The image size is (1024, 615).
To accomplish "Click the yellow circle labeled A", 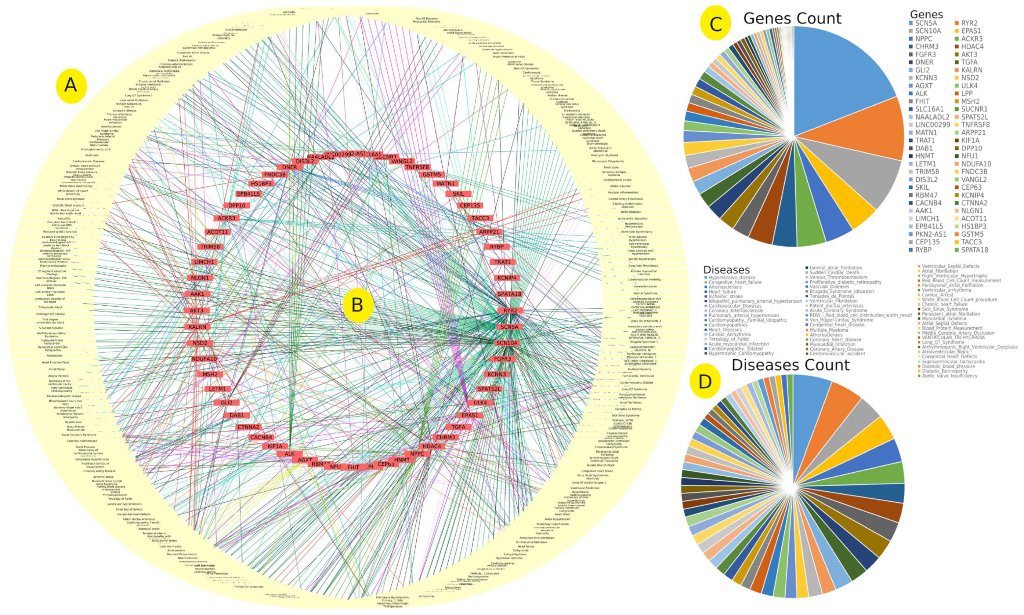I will [x=71, y=85].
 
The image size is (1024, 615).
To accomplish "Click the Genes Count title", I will [x=792, y=19].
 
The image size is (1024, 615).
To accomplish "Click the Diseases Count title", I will [x=790, y=365].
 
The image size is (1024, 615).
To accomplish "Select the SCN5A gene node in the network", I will [x=509, y=327].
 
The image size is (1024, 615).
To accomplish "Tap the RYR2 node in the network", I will [x=510, y=310].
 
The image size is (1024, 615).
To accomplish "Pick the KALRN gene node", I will [x=197, y=327].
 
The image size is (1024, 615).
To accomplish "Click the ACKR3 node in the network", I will [x=227, y=218].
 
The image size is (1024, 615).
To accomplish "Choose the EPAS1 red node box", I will [x=470, y=415].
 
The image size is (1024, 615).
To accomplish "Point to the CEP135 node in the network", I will [x=470, y=205].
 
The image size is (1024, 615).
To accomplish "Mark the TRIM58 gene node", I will [x=210, y=247].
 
